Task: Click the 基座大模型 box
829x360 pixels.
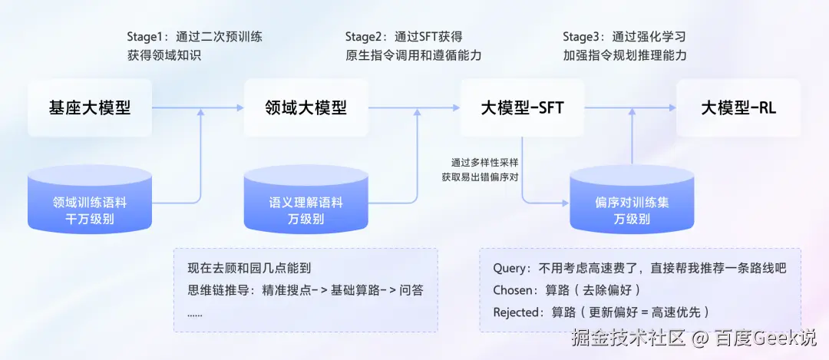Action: click(90, 107)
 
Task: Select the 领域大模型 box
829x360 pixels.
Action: click(306, 107)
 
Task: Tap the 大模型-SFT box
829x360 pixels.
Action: click(523, 107)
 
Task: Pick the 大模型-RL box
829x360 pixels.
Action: click(738, 107)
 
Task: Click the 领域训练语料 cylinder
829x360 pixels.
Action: click(90, 200)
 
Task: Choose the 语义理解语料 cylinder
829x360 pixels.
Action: click(306, 200)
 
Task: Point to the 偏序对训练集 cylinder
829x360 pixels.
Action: click(632, 200)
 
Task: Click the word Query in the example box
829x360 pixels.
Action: click(510, 269)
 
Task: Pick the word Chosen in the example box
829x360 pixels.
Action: click(513, 290)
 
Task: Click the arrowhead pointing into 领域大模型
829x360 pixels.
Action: click(240, 107)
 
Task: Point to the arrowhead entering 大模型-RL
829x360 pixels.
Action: click(673, 107)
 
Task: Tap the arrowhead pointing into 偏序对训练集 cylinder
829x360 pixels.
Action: click(566, 203)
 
